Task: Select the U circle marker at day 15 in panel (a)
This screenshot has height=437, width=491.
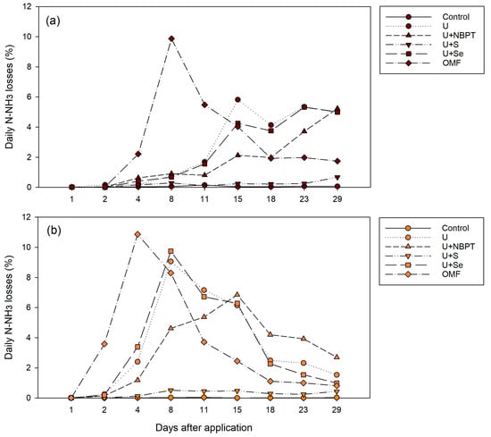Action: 237,99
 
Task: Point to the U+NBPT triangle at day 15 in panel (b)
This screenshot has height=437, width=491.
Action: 237,294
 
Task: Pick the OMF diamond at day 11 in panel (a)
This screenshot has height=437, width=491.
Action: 204,105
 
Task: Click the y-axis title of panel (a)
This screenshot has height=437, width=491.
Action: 9,97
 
